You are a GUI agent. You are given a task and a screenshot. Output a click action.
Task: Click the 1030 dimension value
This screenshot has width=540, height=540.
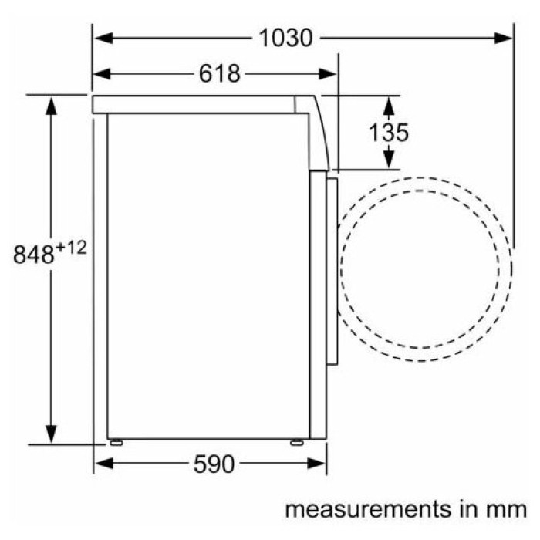pos(285,38)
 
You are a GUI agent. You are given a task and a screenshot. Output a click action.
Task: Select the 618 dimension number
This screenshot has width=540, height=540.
pos(219,74)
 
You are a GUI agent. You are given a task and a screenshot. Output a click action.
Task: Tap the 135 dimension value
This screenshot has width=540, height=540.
pos(389,132)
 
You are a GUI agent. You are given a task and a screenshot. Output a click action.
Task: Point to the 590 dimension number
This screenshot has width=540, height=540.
pos(214,464)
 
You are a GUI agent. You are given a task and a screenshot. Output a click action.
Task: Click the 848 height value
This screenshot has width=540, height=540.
pos(34,255)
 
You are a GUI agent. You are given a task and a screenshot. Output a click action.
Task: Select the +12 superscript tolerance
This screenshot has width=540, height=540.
pos(71,248)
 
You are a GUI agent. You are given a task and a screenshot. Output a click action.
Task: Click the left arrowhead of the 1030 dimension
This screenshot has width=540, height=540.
pos(103,38)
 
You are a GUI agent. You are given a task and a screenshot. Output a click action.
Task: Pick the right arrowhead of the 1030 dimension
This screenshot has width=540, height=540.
pos(503,38)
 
